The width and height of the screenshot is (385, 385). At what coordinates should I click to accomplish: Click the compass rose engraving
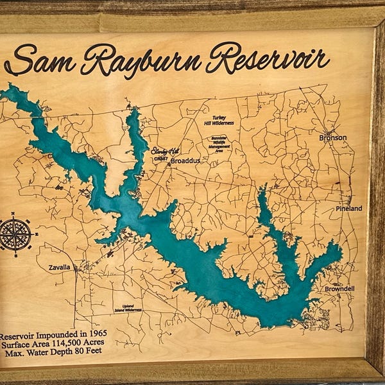click(15, 234)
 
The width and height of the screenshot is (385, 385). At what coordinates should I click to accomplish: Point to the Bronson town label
click(332, 138)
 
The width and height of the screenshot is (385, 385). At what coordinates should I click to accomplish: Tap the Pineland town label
click(349, 209)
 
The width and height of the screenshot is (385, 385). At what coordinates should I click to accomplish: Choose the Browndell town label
click(339, 289)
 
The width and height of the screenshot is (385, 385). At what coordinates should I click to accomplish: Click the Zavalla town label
click(60, 267)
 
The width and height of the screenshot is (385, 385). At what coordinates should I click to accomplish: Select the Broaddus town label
click(185, 161)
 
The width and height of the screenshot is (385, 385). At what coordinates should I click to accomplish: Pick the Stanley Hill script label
click(165, 151)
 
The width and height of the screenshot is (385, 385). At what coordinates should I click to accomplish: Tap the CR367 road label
click(161, 158)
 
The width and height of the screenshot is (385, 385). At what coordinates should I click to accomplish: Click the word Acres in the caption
click(108, 345)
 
